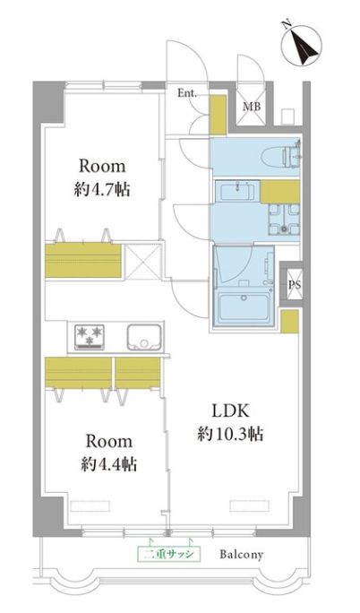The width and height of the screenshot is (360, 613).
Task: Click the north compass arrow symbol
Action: [x=302, y=46]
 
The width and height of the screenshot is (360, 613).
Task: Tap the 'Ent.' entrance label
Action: [x=188, y=93]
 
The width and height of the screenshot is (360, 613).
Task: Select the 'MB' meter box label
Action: [x=252, y=107]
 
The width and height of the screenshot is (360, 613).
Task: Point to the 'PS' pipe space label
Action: [x=295, y=285]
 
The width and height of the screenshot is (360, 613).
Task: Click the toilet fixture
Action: [x=282, y=156]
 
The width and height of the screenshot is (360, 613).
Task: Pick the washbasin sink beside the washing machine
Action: [x=238, y=192]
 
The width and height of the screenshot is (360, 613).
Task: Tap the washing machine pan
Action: [x=284, y=220]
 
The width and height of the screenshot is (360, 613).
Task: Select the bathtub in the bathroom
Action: [x=244, y=306]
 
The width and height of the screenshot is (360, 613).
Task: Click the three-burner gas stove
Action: [x=90, y=337]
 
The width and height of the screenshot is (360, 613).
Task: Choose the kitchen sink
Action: [x=143, y=337]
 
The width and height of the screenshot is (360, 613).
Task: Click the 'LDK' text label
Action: [x=230, y=410]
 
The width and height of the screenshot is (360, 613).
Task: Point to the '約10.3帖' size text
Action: [x=230, y=434]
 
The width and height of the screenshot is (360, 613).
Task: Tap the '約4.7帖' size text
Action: [x=102, y=190]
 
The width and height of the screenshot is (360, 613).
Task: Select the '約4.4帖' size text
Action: [x=109, y=464]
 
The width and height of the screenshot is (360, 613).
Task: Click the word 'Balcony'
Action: [x=241, y=555]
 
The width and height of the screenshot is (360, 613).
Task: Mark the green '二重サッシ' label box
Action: [x=168, y=554]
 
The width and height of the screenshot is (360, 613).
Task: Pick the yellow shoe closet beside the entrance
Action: [x=218, y=114]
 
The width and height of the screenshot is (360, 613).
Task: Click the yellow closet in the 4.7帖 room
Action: [x=83, y=261]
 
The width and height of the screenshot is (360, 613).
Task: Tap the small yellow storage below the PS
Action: [x=290, y=322]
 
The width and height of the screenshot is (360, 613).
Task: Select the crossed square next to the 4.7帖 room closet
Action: [x=143, y=262]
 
